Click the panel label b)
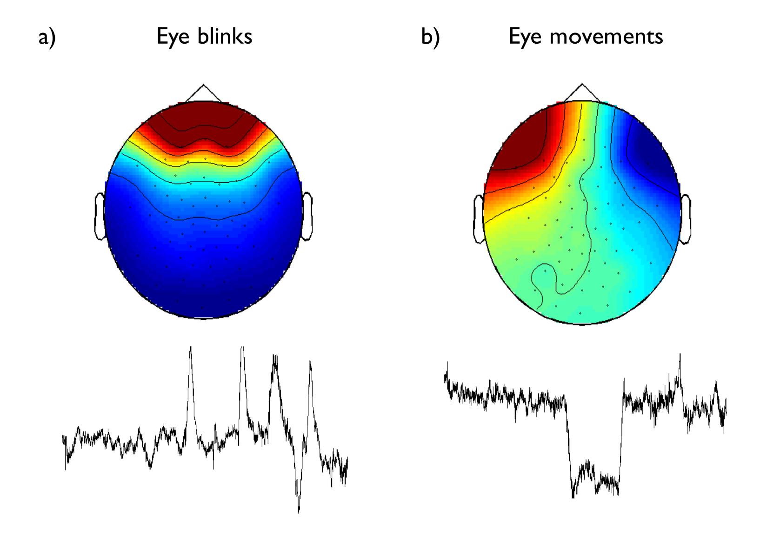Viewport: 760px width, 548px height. click(x=430, y=37)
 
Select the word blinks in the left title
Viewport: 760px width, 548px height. click(x=225, y=36)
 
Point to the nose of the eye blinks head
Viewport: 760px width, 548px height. click(x=203, y=92)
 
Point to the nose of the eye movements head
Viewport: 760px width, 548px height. click(x=582, y=92)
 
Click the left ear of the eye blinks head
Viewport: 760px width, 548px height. click(x=100, y=216)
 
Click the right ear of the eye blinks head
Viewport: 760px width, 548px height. click(x=307, y=216)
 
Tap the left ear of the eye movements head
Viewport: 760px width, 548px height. click(x=479, y=219)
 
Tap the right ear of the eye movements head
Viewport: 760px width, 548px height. click(x=686, y=219)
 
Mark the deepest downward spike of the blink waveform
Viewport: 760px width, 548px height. click(x=299, y=511)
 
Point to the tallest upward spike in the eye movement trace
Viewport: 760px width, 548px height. click(x=680, y=355)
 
